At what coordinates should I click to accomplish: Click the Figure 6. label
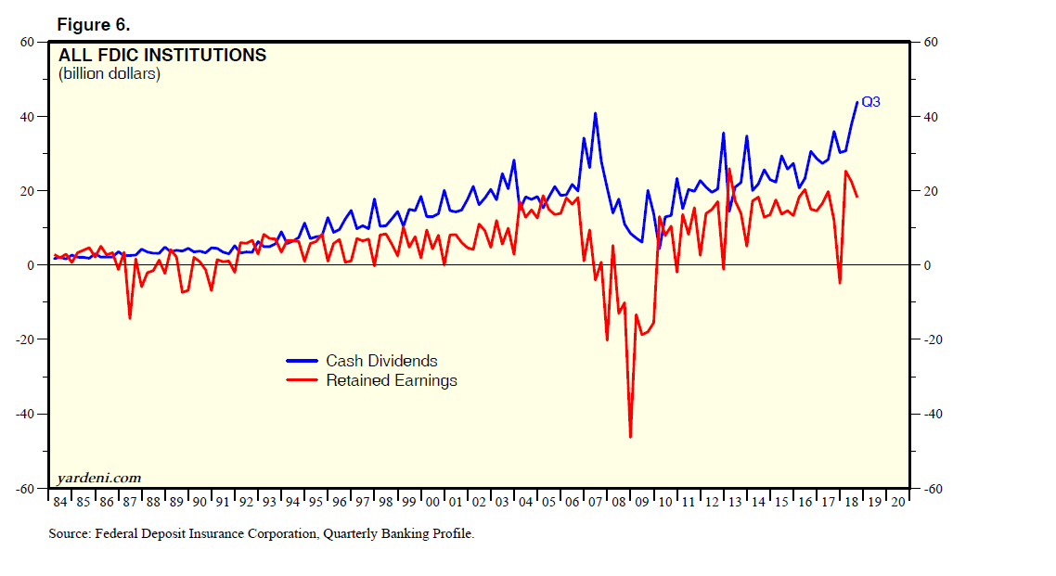(94, 24)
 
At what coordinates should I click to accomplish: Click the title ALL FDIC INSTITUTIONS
(162, 56)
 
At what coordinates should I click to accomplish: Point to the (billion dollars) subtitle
(109, 74)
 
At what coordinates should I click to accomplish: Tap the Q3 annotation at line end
(870, 102)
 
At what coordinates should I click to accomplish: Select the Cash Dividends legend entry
(381, 361)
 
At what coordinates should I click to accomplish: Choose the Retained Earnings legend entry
(391, 380)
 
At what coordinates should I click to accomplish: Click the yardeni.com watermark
(98, 478)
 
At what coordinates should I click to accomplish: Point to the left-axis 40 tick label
(27, 117)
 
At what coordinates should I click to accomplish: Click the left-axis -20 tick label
(24, 339)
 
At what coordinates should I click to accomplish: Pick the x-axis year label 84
(60, 502)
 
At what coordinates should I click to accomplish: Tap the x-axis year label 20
(897, 502)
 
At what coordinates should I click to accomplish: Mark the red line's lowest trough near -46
(630, 437)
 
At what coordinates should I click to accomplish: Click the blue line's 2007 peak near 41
(595, 113)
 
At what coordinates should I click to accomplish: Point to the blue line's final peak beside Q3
(856, 102)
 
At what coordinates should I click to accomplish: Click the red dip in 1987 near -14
(130, 318)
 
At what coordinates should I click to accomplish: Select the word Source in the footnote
(69, 534)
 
